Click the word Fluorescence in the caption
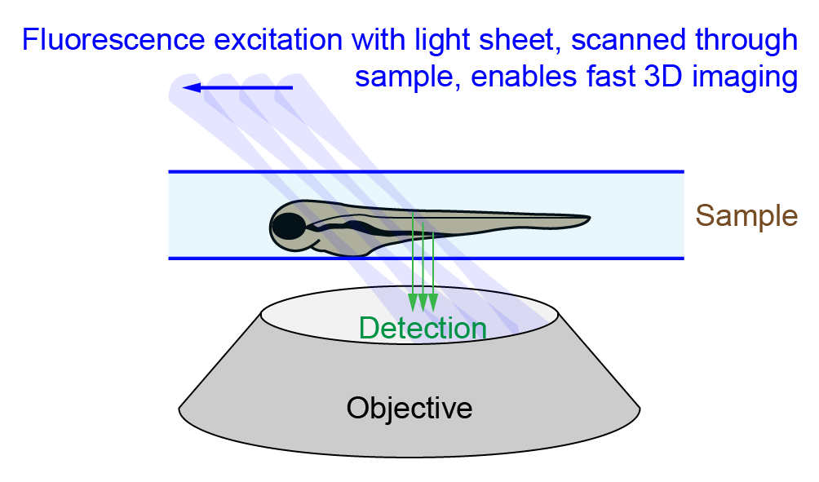tap(113, 40)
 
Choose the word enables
tap(524, 76)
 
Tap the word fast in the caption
tap(610, 76)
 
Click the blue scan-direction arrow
tap(237, 87)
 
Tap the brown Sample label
tap(746, 215)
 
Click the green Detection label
tap(423, 328)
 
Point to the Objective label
tap(409, 408)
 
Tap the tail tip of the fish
tap(590, 217)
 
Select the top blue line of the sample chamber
tap(426, 171)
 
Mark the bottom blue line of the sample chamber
tap(426, 258)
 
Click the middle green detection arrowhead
tap(423, 303)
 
